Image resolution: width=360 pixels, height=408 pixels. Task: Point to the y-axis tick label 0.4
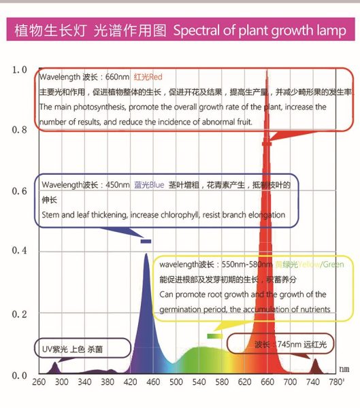[19, 252]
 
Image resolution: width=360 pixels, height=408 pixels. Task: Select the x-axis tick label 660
[268, 383]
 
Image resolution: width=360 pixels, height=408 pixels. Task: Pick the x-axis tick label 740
[314, 383]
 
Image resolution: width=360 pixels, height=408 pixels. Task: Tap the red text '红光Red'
[148, 77]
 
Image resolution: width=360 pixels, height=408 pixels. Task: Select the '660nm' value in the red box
[116, 77]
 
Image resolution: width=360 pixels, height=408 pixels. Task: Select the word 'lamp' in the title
[331, 31]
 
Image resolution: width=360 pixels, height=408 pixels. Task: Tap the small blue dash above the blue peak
[146, 241]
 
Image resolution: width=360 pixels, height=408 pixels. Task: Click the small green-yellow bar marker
[214, 336]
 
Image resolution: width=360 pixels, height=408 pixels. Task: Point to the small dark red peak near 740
[314, 365]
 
